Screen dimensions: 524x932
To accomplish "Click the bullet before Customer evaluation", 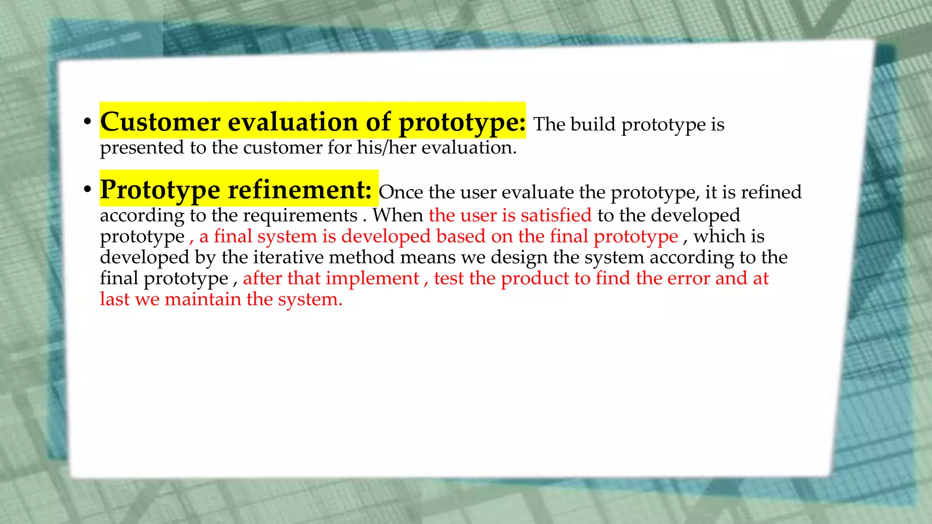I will (x=87, y=123).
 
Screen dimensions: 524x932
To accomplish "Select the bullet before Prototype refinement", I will (x=87, y=191).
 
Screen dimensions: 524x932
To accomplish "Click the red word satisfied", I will (x=556, y=215).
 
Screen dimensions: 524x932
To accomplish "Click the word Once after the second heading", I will (x=400, y=192).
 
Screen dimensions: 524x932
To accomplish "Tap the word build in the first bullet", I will (x=593, y=124).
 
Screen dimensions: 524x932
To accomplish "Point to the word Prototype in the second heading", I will (x=160, y=190).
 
